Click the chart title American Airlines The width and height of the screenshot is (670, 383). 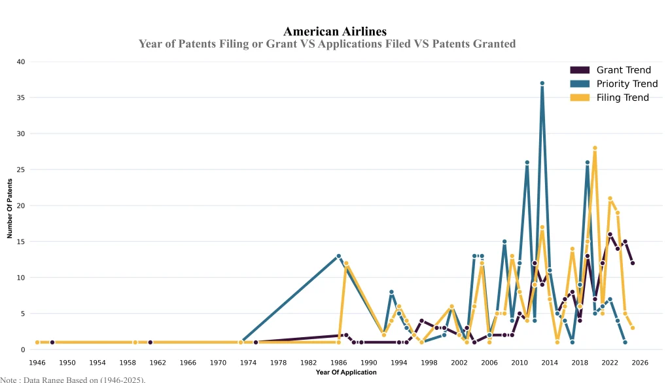334,31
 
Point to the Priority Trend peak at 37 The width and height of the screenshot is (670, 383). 542,83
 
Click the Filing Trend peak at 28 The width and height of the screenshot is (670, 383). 595,148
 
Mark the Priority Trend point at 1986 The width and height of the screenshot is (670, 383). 338,256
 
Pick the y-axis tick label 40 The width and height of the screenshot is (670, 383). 20,62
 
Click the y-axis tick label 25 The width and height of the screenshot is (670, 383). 20,170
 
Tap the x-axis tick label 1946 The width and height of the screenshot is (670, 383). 37,363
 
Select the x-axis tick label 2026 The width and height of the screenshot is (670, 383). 640,363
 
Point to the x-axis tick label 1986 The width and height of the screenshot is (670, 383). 338,363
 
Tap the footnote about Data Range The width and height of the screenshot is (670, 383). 73,379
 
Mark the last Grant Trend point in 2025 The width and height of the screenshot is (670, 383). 632,263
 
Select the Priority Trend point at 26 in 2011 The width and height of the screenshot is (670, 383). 527,162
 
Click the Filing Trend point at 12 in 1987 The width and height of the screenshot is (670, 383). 346,263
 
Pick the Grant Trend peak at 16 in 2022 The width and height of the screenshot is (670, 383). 610,234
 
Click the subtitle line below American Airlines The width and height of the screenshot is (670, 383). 327,44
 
